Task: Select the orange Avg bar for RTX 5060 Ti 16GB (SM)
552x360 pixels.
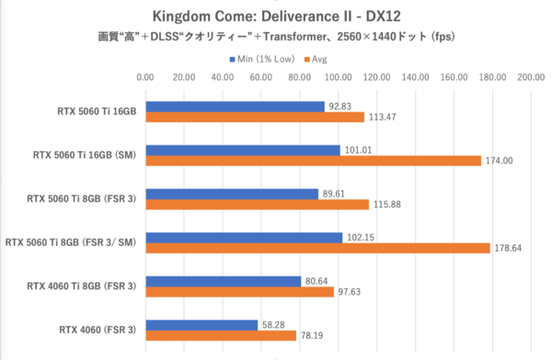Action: (313, 161)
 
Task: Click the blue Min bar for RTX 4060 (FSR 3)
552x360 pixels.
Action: (201, 324)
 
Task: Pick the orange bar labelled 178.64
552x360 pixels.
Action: (316, 248)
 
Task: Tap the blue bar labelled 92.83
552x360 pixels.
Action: (235, 106)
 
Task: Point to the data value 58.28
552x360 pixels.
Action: (275, 324)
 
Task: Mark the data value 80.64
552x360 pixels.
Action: (318, 281)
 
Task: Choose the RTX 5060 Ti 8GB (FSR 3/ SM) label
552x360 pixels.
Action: (71, 242)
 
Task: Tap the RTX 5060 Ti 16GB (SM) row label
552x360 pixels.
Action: (82, 155)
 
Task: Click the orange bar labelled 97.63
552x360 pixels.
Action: (238, 292)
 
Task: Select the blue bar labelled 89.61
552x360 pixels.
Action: (232, 193)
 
